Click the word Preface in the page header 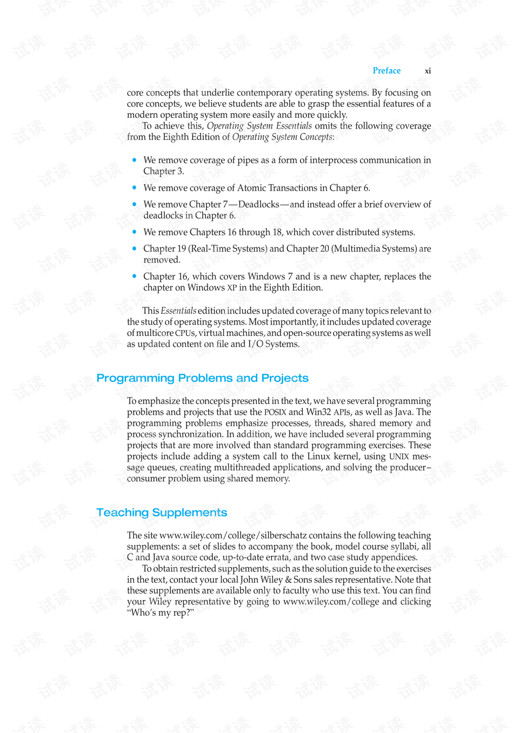(387, 71)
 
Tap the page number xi (428, 71)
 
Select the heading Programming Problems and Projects (202, 378)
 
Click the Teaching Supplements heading (162, 513)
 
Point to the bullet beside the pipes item (134, 160)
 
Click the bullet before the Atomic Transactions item (134, 187)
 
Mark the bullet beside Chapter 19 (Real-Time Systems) (134, 248)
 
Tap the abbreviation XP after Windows (231, 288)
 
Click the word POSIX (275, 412)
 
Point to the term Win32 (318, 412)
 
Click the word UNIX (399, 457)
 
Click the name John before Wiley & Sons (249, 580)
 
